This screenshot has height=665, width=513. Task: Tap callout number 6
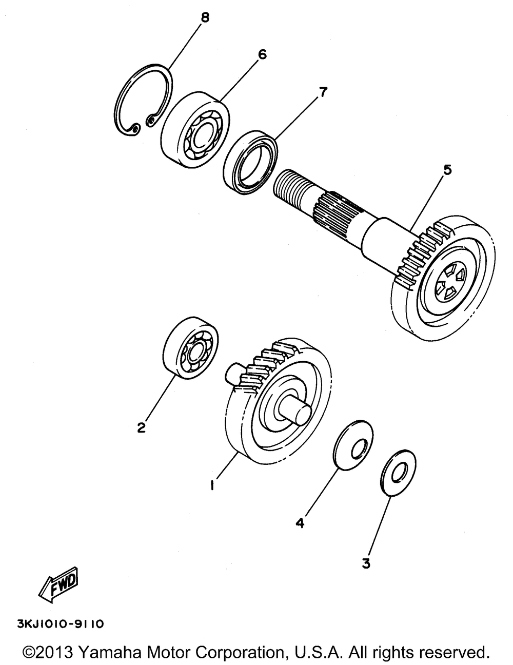(x=262, y=54)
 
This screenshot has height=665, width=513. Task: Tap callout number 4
(x=300, y=523)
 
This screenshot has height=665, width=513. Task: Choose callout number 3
(x=366, y=563)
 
